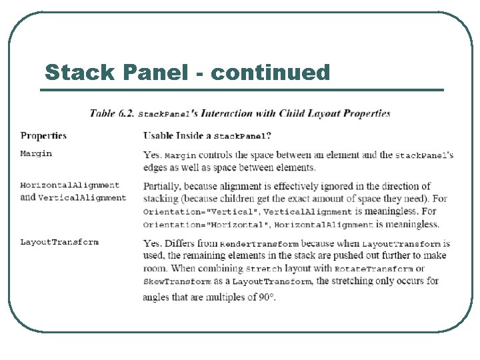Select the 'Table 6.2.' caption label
tap(112, 113)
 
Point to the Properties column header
tap(43, 136)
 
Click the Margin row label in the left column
tap(36, 154)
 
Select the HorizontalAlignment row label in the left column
tap(70, 185)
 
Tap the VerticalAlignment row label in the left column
tap(82, 197)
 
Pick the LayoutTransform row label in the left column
tap(59, 242)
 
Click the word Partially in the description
tap(162, 186)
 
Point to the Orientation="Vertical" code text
tap(197, 211)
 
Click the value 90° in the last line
tap(266, 297)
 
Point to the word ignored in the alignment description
tap(321, 186)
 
